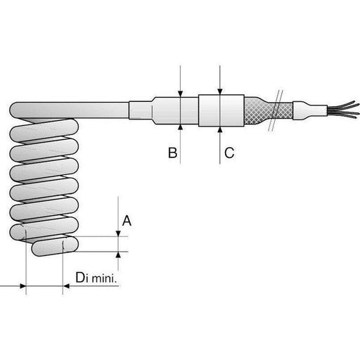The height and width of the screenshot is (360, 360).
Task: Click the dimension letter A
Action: (127, 221)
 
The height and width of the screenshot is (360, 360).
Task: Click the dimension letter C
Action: (229, 153)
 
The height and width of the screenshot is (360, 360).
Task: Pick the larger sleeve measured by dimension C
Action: (221, 110)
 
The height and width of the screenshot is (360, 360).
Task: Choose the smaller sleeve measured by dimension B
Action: (179, 110)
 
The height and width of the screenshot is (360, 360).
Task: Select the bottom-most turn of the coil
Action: (53, 247)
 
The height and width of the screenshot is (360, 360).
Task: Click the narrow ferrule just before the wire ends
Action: (308, 110)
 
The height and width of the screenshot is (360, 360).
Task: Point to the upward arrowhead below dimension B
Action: (181, 127)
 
